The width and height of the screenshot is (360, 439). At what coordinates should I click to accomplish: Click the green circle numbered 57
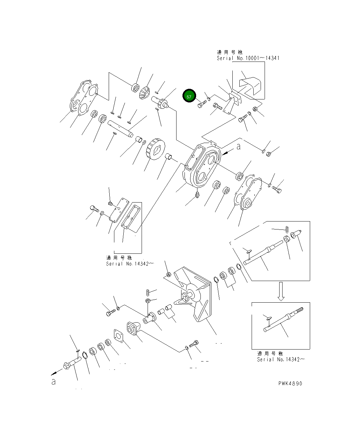(x=189, y=96)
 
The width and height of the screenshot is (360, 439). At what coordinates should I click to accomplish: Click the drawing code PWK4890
(x=290, y=383)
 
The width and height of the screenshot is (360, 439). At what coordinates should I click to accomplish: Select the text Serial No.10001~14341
(x=248, y=58)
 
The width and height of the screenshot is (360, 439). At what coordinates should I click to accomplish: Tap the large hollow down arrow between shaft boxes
(x=281, y=291)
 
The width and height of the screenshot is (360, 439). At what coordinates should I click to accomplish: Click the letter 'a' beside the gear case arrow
(x=238, y=146)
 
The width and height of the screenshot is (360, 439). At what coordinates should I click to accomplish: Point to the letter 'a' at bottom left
(x=53, y=382)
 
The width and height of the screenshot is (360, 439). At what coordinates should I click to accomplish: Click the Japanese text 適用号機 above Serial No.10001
(x=230, y=52)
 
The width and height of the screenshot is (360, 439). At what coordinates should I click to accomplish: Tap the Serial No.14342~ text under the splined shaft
(x=281, y=360)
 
